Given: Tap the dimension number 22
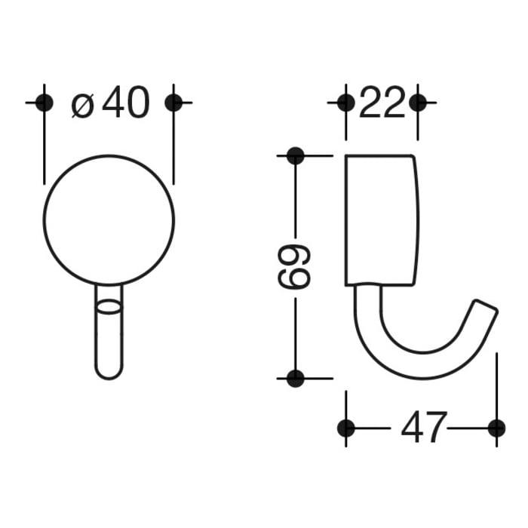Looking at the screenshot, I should point(382,103).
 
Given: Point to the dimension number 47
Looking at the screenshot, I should point(424,428).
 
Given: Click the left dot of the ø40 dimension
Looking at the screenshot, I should point(45,102).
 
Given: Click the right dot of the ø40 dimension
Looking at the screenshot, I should point(173,102).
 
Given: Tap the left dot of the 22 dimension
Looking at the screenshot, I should point(345,103).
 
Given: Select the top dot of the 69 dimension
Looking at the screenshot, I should point(295,156).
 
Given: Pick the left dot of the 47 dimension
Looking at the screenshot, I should point(345,428).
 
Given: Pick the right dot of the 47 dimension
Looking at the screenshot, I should point(496,428).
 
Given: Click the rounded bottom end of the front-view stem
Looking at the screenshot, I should point(109,373).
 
